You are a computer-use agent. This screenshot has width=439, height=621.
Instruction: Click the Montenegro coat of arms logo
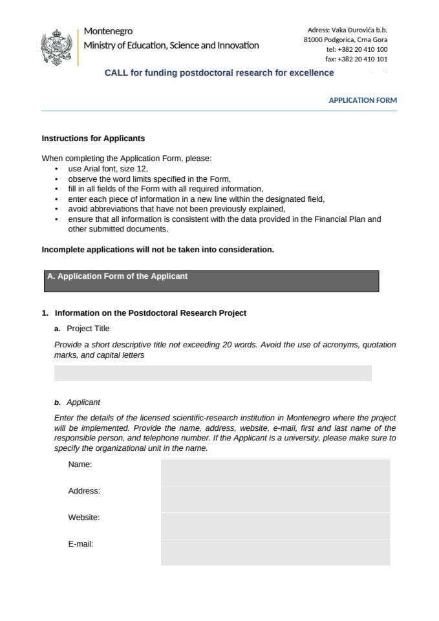tap(56, 46)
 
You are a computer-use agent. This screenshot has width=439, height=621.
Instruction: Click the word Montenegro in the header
tap(108, 31)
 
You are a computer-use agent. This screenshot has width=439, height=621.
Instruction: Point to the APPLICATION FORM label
tap(363, 100)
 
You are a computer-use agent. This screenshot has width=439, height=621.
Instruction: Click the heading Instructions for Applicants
tap(93, 138)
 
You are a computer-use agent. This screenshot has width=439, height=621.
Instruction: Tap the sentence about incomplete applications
tap(158, 250)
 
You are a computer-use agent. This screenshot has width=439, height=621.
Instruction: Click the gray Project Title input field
tap(213, 373)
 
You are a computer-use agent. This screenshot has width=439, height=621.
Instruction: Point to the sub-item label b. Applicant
tap(78, 402)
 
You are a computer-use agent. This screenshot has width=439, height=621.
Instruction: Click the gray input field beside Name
tap(275, 472)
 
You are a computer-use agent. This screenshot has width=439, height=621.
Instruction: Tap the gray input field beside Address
tap(275, 499)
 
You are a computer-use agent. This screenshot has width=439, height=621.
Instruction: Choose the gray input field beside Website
tap(275, 525)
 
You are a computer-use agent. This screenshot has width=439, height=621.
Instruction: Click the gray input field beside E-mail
tap(275, 552)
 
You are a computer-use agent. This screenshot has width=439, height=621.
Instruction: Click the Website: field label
tap(84, 517)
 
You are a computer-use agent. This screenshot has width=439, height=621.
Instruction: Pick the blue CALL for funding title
tap(219, 72)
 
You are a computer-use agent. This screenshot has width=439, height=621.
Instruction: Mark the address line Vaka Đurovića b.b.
tap(348, 30)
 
